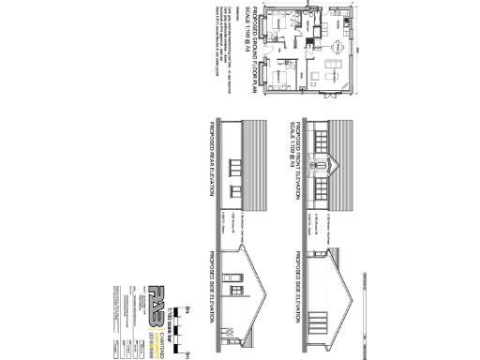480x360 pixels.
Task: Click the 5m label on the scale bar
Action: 188,353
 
